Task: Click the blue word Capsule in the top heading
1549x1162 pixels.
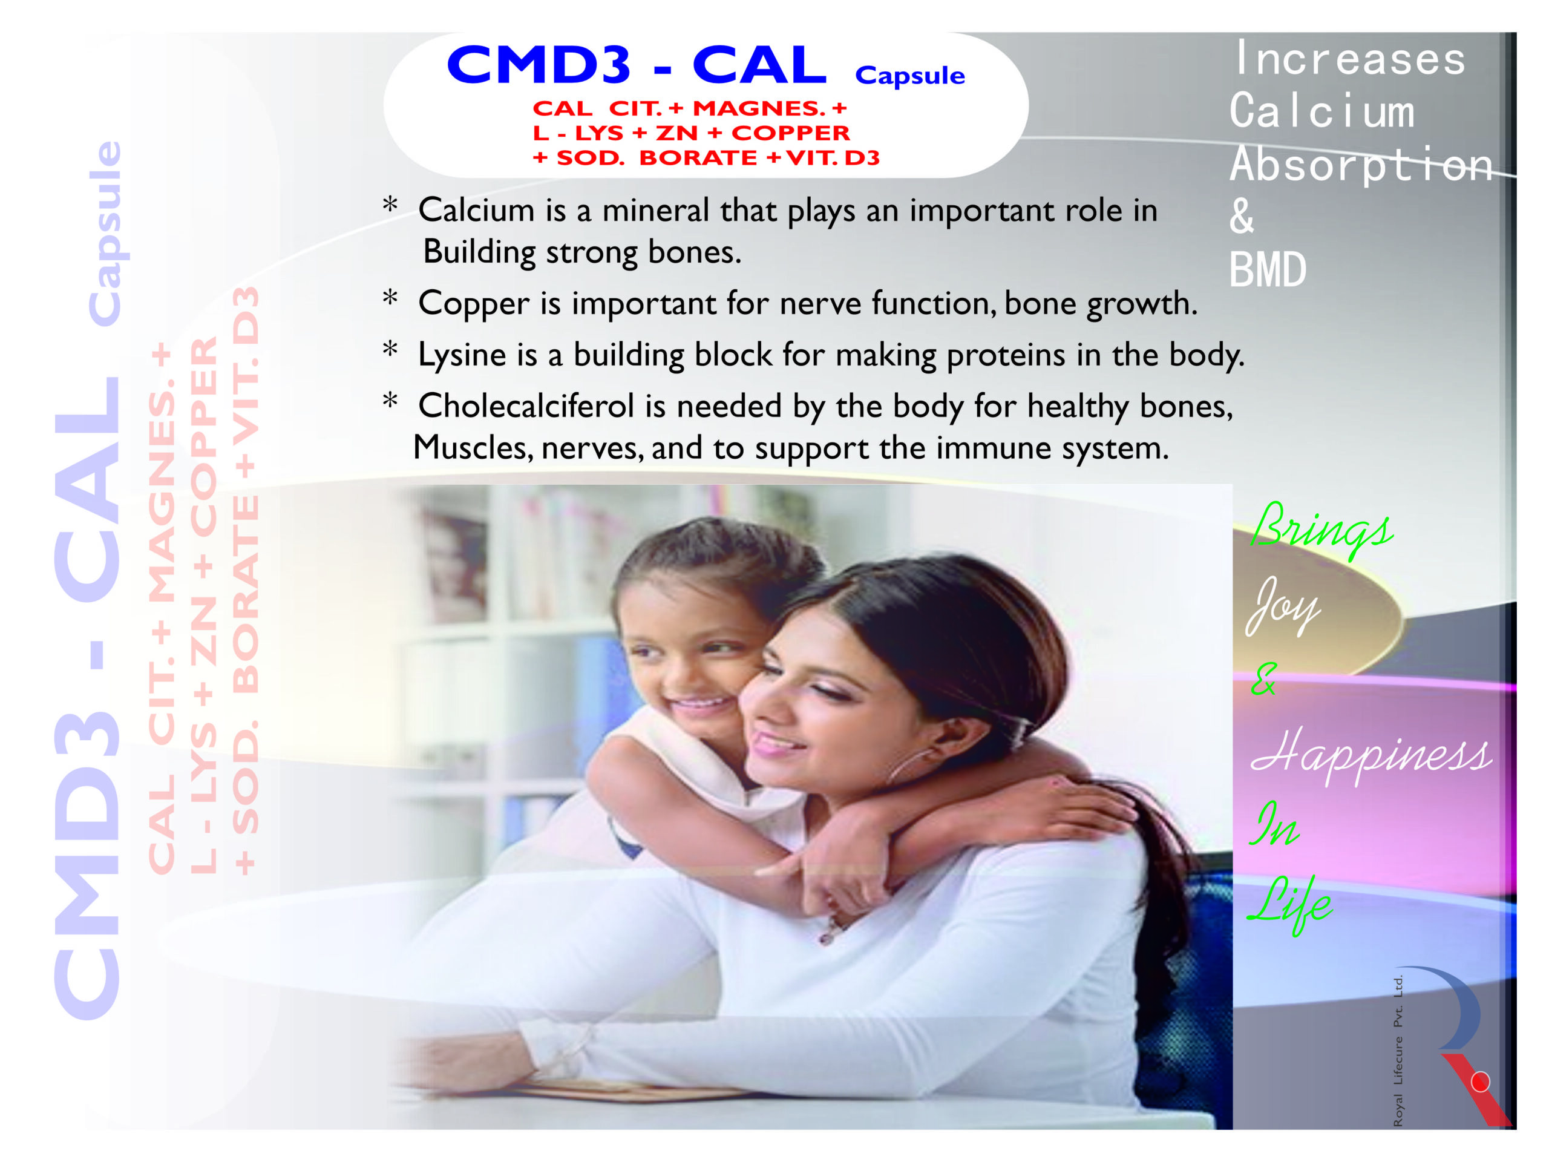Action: tap(909, 76)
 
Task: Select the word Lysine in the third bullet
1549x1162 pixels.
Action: tap(462, 355)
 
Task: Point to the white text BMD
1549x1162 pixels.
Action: tap(1268, 270)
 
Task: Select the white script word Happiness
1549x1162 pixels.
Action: tap(1371, 754)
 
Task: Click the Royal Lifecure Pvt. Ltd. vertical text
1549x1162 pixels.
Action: tap(1398, 1051)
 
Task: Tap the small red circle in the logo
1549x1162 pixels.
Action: tap(1479, 1082)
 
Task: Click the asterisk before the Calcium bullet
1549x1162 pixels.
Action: tap(390, 206)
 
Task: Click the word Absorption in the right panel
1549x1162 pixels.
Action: tap(1361, 165)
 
